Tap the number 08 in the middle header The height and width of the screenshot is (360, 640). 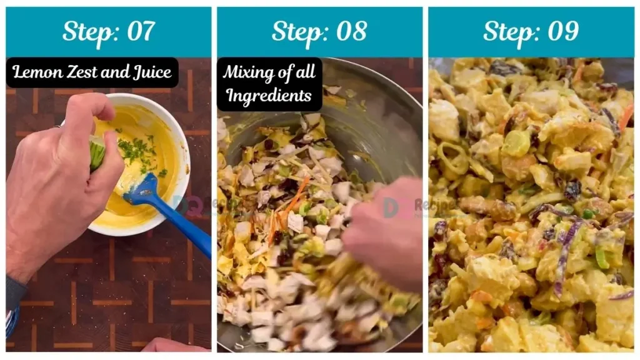click(x=350, y=32)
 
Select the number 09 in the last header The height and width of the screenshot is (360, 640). click(x=561, y=32)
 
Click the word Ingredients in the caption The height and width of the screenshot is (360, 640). click(x=269, y=96)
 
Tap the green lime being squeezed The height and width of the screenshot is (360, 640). click(x=97, y=152)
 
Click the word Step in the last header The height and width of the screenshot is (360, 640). click(x=509, y=32)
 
